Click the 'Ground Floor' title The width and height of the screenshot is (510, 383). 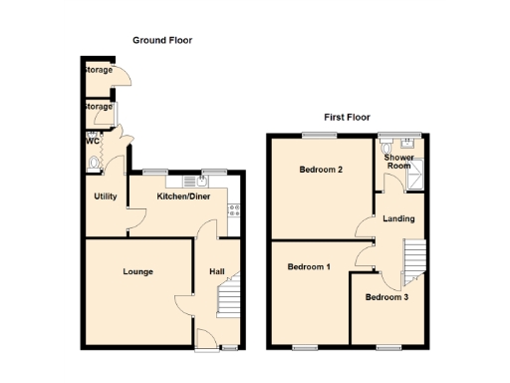[162, 40]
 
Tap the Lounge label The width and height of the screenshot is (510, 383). [137, 271]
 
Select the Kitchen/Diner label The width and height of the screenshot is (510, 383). [183, 196]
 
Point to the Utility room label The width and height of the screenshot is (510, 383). [106, 196]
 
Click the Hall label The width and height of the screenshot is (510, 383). [216, 271]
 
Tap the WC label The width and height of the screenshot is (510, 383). [92, 141]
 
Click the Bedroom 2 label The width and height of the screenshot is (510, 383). [321, 170]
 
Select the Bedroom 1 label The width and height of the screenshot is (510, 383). [308, 266]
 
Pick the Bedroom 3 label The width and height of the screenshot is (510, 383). [385, 297]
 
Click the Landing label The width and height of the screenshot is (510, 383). [398, 218]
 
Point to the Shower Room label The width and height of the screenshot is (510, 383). [399, 162]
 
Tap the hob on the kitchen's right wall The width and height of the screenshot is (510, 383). [234, 209]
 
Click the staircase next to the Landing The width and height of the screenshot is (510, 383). [413, 257]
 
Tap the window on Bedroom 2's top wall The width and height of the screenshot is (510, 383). [321, 134]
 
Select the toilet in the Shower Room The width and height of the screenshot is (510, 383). [397, 141]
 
